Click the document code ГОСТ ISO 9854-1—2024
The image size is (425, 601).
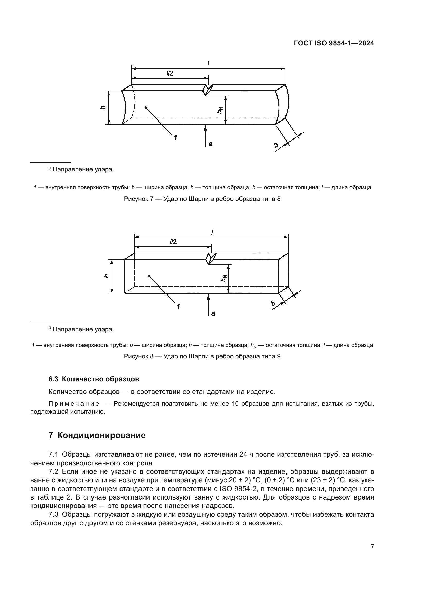tap(334, 43)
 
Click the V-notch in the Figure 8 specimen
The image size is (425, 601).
tap(211, 259)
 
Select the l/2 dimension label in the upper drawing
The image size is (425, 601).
tap(169, 73)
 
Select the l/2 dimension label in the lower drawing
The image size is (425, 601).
tap(173, 242)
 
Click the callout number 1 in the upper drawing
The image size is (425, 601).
tap(175, 137)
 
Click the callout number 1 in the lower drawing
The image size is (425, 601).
tap(178, 307)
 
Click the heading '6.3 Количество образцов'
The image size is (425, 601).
tap(94, 379)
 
